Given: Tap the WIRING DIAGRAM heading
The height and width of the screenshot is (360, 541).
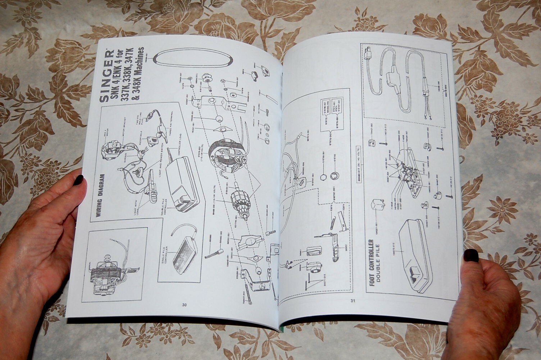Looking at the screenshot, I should tap(102, 197).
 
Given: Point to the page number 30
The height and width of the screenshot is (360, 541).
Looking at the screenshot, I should tap(184, 305).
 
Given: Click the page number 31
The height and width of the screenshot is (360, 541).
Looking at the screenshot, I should tap(353, 301).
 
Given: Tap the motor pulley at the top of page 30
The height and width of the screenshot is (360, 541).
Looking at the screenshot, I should tap(208, 79).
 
